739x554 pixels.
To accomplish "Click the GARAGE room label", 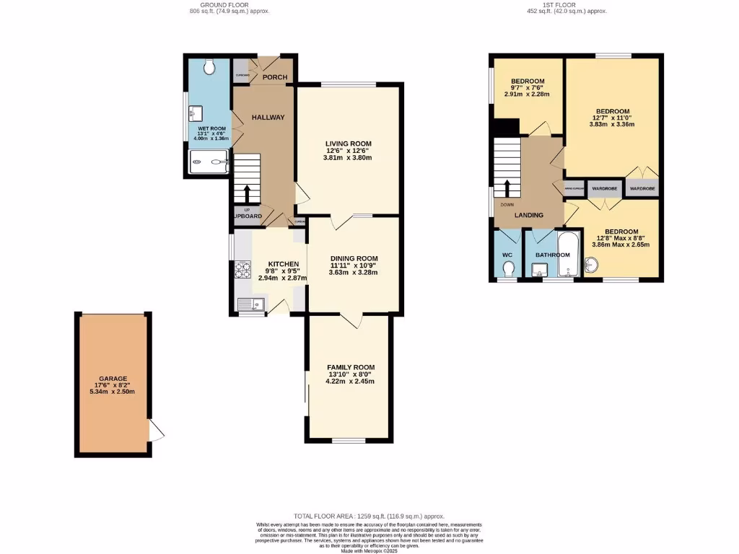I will point(113,379).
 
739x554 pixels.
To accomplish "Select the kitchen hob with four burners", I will point(241,271).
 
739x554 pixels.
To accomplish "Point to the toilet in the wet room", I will point(209,67).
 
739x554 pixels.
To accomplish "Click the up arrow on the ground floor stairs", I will point(247,193).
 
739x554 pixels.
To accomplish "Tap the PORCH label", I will point(274,77).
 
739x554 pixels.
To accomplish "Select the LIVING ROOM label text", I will point(348,144).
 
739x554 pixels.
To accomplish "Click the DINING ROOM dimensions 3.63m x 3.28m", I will point(354,273).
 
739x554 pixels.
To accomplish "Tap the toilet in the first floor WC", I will point(507,269).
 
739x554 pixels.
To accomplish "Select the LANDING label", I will point(528,215).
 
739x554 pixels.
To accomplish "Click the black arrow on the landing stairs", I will point(507,188).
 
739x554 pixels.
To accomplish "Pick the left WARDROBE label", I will point(604,188).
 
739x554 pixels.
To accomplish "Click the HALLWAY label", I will point(268,118).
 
